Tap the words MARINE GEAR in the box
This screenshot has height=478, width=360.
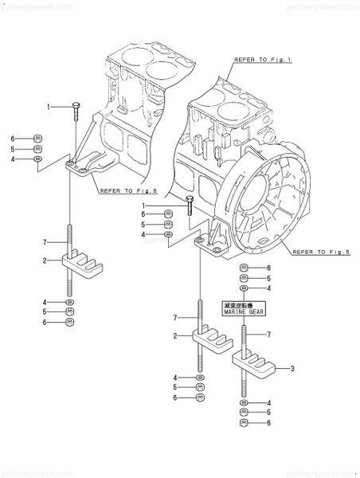pyautogui.click(x=245, y=313)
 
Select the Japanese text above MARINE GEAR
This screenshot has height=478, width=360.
pyautogui.click(x=245, y=305)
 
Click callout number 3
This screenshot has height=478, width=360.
pyautogui.click(x=292, y=368)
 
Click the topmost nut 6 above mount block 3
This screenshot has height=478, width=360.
pyautogui.click(x=245, y=268)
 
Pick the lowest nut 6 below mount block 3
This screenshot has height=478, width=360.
pyautogui.click(x=245, y=423)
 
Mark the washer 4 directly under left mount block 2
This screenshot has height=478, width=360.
pyautogui.click(x=70, y=304)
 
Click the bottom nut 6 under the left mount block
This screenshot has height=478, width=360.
pyautogui.click(x=70, y=323)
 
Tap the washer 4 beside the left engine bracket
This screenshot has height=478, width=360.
pyautogui.click(x=38, y=159)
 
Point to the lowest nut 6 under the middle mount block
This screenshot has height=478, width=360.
pyautogui.click(x=199, y=397)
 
